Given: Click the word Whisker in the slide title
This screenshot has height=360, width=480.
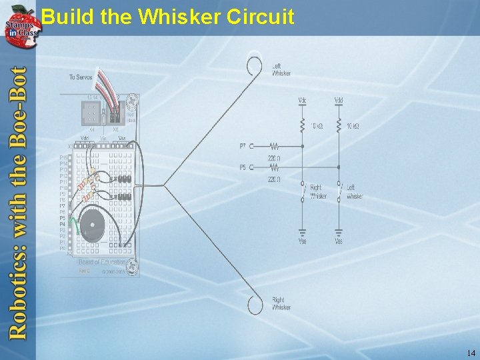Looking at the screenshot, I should pos(180,16).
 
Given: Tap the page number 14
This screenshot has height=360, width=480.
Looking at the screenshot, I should pos(471,353).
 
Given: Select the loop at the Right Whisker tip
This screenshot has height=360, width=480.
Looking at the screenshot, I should pos(255,305).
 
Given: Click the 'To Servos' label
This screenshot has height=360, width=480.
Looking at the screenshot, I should pos(81,77).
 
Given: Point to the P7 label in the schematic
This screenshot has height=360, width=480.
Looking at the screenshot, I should pos(243,145).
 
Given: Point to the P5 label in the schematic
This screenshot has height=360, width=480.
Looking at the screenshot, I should pos(243,167).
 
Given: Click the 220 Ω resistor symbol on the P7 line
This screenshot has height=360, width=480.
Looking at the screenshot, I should pos(275,145).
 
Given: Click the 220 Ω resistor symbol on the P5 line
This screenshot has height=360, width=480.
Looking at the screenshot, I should pos(275,167).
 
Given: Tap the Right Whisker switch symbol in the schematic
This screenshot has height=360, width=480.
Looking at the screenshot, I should pos(303,192).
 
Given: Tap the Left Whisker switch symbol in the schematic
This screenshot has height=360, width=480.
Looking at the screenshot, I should pos(339,192).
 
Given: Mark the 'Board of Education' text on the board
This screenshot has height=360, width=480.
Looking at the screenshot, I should pos(102,263).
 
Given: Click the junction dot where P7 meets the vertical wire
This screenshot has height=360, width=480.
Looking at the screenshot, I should pos(303,145).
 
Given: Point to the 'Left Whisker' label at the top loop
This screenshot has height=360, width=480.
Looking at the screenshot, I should pos(281,69).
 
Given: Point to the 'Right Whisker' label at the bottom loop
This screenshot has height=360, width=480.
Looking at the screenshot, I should pos(281,304).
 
